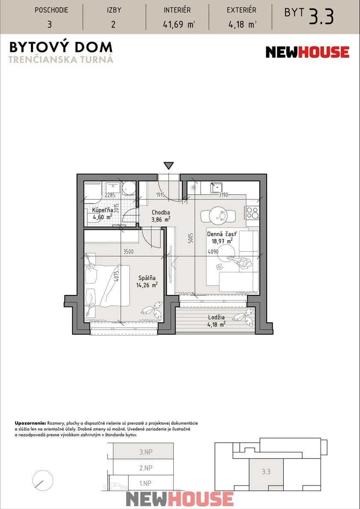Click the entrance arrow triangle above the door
[x=169, y=166]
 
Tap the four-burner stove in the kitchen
[x=253, y=213]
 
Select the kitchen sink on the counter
[x=216, y=188]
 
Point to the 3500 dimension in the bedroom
[x=128, y=252]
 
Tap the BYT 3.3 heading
[x=309, y=15]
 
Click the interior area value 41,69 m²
[x=178, y=24]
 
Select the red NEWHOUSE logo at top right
[x=307, y=52]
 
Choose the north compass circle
[x=42, y=481]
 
